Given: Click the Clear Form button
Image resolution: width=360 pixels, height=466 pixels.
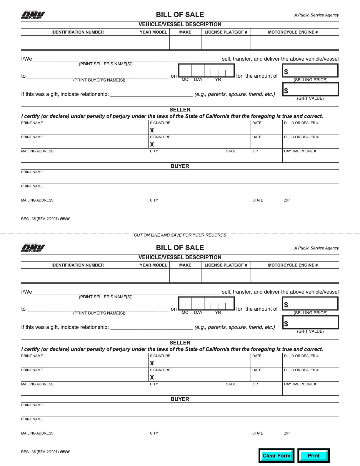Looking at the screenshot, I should click(x=276, y=456).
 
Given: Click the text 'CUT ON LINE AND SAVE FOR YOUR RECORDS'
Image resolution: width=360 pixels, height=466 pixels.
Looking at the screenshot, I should click(x=180, y=235).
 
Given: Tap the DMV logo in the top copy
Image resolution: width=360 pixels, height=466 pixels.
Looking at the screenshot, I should click(x=33, y=15).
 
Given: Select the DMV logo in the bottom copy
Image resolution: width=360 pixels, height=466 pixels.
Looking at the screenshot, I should click(x=33, y=248).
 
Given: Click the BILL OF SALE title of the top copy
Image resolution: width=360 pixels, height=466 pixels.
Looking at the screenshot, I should click(x=180, y=15).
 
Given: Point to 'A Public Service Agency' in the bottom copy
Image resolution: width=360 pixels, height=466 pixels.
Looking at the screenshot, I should click(x=316, y=248).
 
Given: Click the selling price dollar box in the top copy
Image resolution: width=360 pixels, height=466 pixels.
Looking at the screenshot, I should click(x=310, y=71).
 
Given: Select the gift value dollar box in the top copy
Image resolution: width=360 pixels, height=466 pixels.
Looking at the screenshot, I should click(x=310, y=90).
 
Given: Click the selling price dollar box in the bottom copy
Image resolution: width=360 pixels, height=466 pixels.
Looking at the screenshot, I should click(x=310, y=304).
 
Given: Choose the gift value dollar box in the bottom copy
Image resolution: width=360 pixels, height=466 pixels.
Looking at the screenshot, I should click(x=310, y=323).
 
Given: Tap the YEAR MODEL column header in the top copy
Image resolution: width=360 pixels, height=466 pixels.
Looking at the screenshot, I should click(x=153, y=32).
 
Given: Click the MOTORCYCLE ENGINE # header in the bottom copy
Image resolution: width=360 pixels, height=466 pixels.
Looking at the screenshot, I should click(x=293, y=265).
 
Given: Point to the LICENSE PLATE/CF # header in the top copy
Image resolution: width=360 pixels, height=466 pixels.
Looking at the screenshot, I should click(x=226, y=32).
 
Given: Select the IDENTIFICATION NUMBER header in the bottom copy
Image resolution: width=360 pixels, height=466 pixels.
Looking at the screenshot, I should click(x=77, y=265).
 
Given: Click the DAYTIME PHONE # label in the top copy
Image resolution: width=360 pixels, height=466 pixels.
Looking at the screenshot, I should click(x=300, y=151).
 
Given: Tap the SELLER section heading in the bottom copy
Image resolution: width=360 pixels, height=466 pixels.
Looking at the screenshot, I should click(x=180, y=343).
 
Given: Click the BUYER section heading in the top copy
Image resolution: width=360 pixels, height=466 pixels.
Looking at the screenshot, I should click(x=180, y=166).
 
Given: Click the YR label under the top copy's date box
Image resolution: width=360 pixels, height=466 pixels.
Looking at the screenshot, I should click(x=218, y=80).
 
